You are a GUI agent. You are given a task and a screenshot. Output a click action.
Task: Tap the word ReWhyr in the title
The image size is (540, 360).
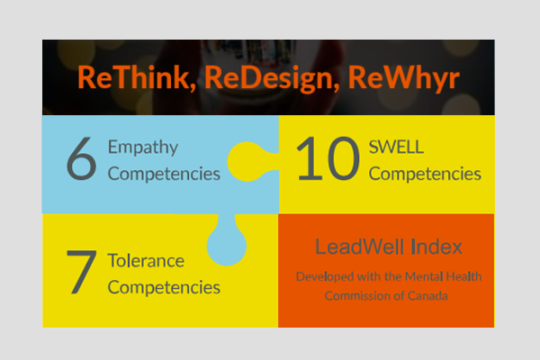(x=404, y=79)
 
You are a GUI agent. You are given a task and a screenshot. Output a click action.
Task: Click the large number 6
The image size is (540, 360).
(x=81, y=158)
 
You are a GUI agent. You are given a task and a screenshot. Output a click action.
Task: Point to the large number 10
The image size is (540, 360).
(x=328, y=158)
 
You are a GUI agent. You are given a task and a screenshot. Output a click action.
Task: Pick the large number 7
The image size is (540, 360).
(x=81, y=272)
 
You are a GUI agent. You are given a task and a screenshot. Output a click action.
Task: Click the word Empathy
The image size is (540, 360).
(x=143, y=148)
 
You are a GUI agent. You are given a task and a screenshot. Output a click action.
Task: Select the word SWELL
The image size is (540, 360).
(x=396, y=147)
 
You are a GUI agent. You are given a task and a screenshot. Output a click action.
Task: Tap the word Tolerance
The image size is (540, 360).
(x=146, y=261)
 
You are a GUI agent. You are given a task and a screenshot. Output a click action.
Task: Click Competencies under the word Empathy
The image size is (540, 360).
(x=164, y=174)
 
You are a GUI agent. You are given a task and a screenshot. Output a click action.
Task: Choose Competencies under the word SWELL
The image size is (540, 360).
(x=425, y=174)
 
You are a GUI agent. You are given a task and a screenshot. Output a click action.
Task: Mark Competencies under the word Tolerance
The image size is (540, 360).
(x=164, y=288)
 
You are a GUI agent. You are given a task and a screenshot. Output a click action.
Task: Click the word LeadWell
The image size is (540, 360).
(x=359, y=247)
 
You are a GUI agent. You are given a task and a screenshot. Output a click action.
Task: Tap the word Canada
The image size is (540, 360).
(x=427, y=296)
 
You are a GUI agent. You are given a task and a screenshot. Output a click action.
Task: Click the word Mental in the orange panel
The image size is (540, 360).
(x=424, y=276)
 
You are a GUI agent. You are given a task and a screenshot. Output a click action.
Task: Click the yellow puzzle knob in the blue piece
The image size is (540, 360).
(x=247, y=162)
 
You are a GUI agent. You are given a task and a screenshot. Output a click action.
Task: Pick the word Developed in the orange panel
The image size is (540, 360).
(x=325, y=277)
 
